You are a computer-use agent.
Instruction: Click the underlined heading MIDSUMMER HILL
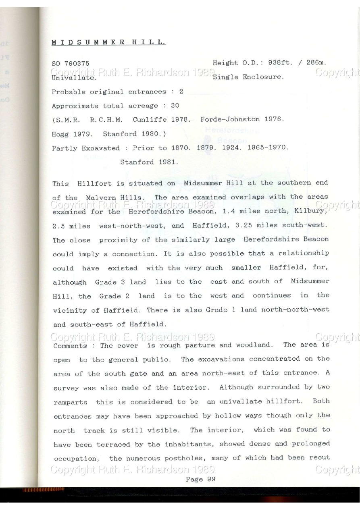109,42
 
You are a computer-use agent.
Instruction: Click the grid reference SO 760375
71,64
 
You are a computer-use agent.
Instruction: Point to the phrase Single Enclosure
248,77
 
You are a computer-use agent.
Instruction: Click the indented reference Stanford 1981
149,162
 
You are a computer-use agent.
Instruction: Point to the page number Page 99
200,479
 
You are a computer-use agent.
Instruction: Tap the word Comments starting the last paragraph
70,345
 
